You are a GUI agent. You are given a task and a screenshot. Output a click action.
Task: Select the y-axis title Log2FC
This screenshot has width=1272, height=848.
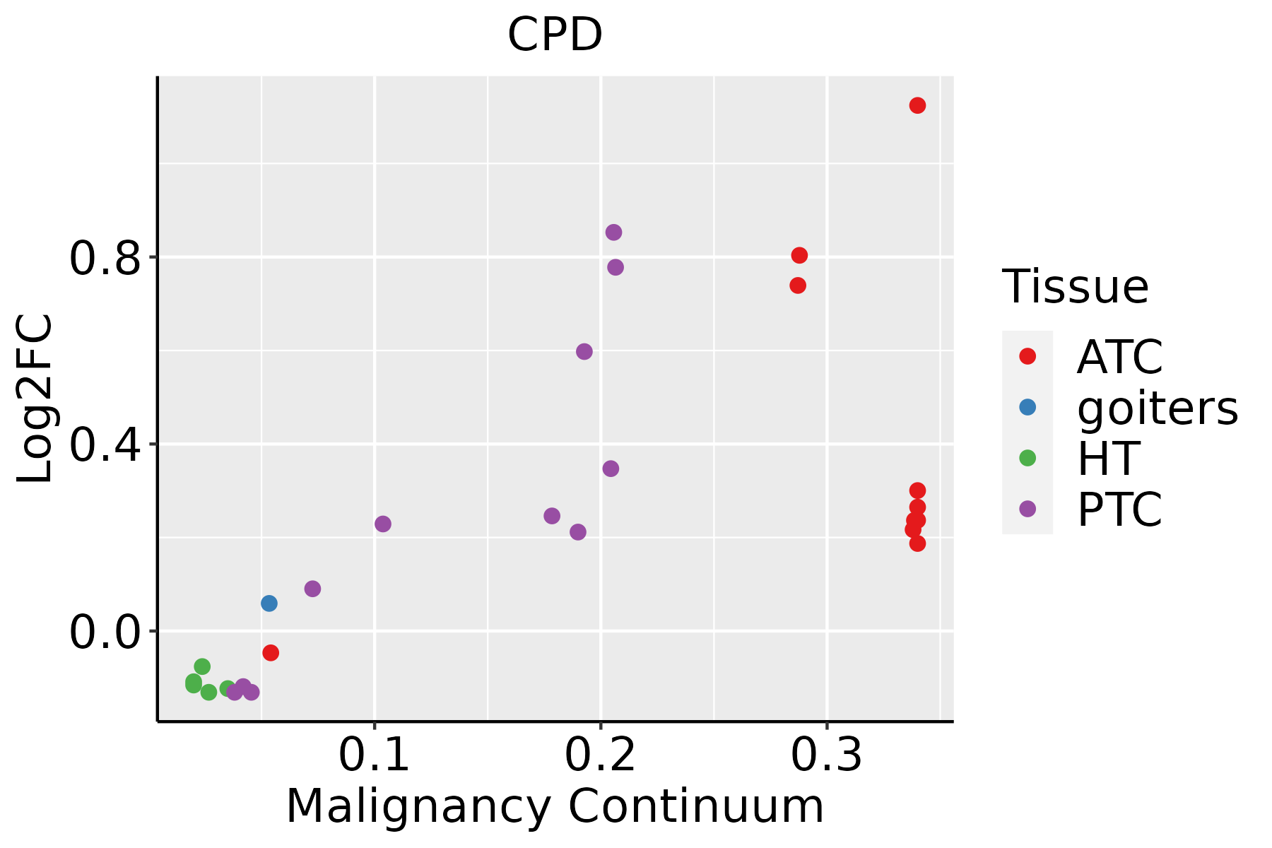(35, 399)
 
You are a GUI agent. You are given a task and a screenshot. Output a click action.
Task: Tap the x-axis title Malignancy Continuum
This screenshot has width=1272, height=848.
(555, 806)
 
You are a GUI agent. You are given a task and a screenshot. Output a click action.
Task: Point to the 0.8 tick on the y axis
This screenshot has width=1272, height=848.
(105, 258)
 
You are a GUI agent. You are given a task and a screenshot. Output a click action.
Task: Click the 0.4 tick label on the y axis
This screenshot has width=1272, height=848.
(105, 444)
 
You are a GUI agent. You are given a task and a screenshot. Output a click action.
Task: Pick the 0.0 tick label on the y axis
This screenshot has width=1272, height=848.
(105, 632)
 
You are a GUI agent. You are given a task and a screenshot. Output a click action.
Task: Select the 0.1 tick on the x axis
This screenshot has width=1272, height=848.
(375, 755)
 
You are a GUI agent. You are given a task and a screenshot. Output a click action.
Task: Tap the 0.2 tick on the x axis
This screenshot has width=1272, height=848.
(600, 755)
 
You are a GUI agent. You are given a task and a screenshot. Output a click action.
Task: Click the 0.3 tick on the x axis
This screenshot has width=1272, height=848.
(826, 755)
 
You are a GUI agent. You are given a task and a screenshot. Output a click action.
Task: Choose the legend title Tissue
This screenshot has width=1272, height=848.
(1076, 287)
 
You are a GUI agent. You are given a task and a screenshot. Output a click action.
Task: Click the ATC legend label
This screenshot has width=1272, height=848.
(1119, 357)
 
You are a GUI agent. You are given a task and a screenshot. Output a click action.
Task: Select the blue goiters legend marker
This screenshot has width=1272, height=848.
(1027, 407)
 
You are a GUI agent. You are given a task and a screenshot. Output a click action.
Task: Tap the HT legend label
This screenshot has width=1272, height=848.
(1108, 458)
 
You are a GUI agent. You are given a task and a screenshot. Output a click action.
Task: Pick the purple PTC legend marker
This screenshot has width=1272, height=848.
(1027, 509)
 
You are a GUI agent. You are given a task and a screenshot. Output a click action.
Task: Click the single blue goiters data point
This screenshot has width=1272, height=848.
(269, 603)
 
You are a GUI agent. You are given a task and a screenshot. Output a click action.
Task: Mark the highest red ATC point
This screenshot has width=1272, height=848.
(917, 105)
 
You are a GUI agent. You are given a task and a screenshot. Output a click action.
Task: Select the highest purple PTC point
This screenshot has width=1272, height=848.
(613, 232)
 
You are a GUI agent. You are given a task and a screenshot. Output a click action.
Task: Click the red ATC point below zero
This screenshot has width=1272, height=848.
(271, 653)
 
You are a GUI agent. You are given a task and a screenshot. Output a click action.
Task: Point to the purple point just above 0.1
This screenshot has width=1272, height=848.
(383, 524)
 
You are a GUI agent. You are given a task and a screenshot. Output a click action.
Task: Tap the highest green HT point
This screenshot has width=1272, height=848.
(202, 666)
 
